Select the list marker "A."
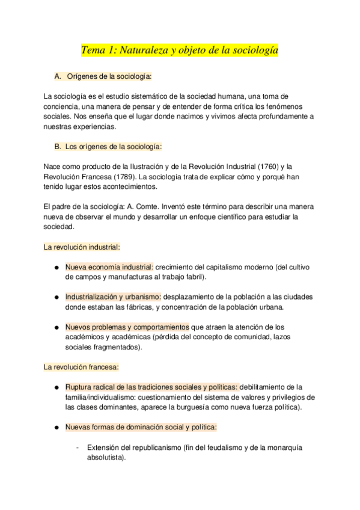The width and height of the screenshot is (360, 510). (x=58, y=77)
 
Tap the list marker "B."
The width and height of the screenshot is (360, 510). (x=58, y=146)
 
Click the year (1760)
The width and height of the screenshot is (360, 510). (x=260, y=166)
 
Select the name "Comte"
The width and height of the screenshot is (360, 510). (x=148, y=206)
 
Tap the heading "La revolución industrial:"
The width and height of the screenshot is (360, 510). (x=82, y=247)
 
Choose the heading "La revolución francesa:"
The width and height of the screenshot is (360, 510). (x=81, y=366)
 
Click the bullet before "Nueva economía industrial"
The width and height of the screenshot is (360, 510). (x=55, y=267)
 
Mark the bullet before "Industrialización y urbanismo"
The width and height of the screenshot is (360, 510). (x=55, y=297)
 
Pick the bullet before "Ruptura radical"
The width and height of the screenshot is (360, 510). (x=55, y=387)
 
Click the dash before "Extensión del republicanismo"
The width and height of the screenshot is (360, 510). (x=78, y=447)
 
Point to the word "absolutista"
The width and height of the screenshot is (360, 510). (x=105, y=458)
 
